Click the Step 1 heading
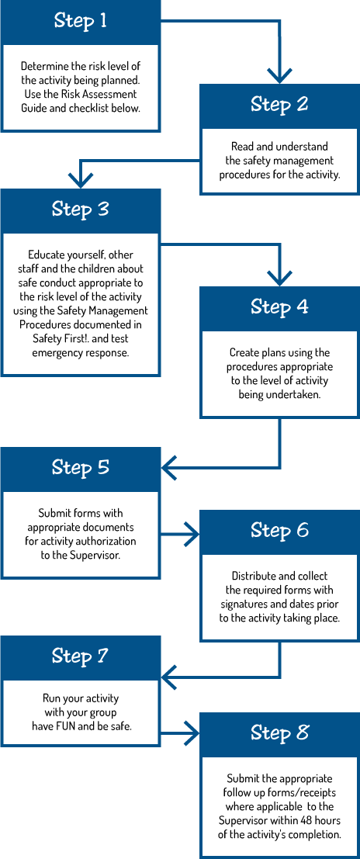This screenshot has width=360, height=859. click(x=80, y=21)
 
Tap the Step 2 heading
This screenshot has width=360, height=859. click(x=279, y=104)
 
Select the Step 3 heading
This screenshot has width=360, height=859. click(x=80, y=210)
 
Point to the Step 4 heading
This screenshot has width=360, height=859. click(x=279, y=307)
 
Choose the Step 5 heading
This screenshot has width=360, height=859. click(x=80, y=467)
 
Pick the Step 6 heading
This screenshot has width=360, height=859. click(x=279, y=530)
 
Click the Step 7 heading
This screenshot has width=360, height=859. click(x=80, y=656)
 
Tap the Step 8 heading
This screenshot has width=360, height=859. click(x=279, y=733)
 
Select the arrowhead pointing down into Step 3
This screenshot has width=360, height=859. click(x=80, y=180)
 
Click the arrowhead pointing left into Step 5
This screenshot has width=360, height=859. click(x=169, y=468)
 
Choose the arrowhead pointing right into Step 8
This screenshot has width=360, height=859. click(x=192, y=730)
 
